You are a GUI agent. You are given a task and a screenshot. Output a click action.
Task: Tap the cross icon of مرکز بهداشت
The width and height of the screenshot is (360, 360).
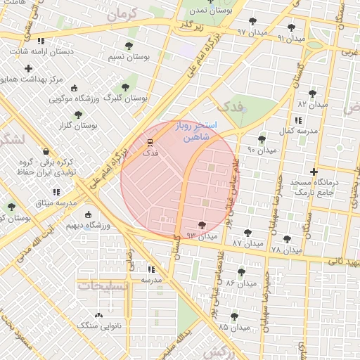pos(28,68)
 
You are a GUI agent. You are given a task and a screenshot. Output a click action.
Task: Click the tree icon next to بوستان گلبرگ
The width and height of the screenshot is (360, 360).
pos(125,86)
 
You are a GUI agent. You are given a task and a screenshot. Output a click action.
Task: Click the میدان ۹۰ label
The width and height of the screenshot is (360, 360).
pos(262,150)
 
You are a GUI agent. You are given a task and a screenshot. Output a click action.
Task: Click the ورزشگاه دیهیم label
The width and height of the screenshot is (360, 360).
pos(87,226)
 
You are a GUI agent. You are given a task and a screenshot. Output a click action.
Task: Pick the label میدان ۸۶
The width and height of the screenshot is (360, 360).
pos(239,282)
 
